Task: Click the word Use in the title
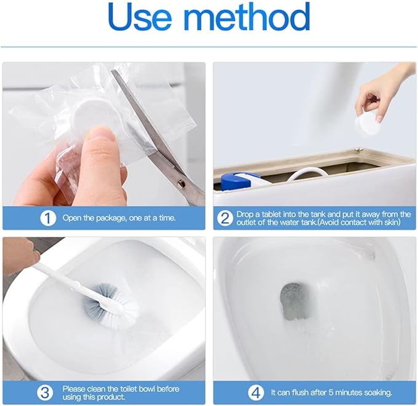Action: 140,17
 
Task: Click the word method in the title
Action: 247,17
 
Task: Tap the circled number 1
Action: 48,218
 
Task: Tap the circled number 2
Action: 225,218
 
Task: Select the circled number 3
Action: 45,392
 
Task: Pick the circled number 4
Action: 256,392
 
